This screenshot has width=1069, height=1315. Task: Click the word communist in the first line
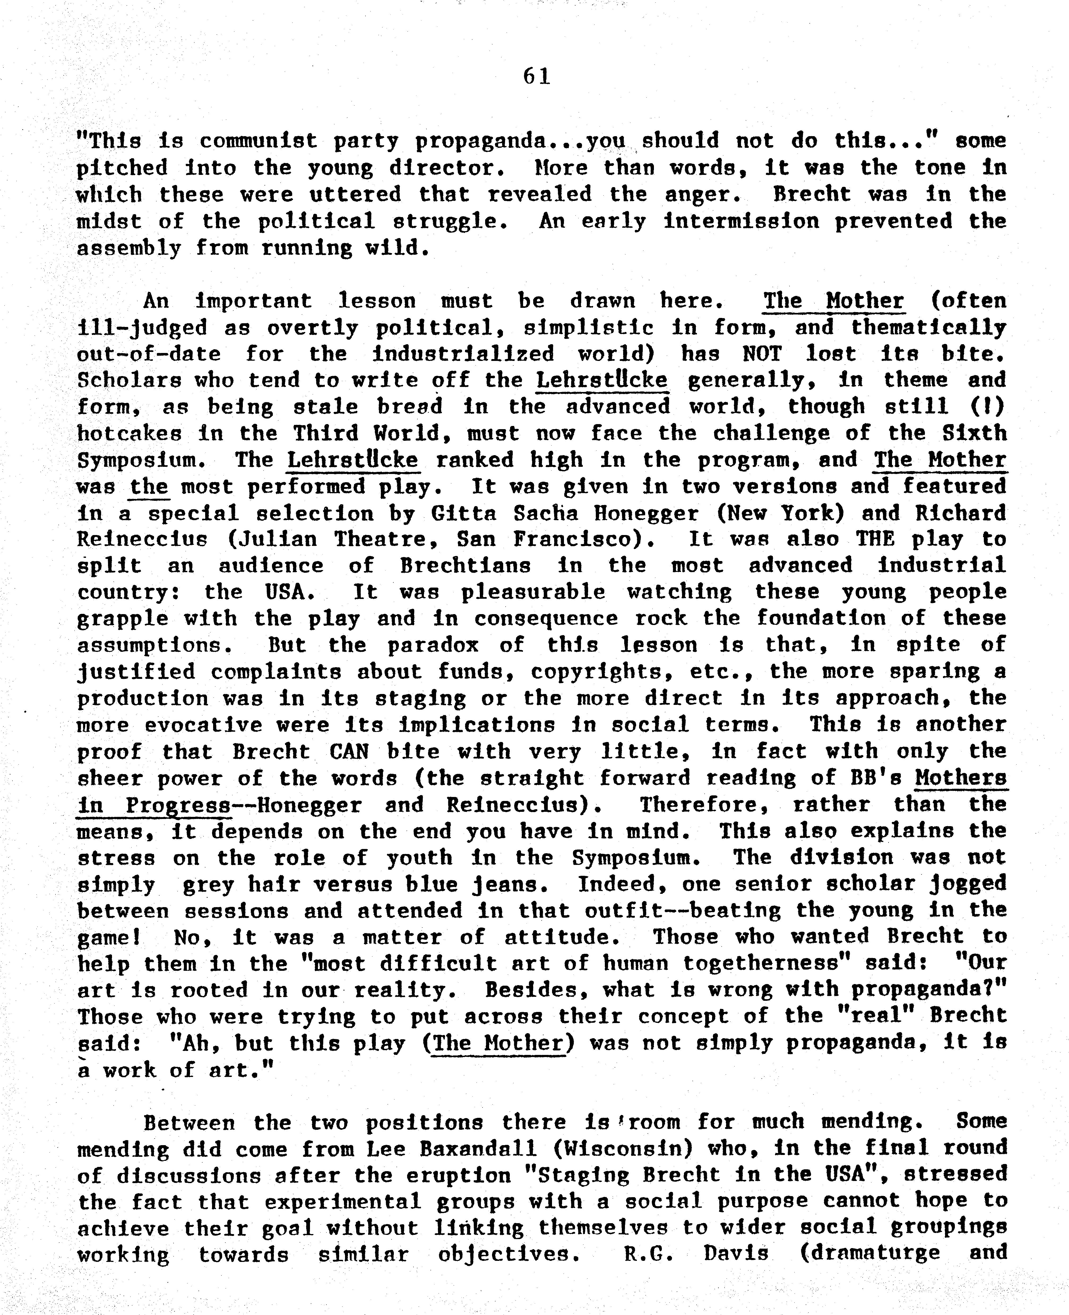click(259, 141)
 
